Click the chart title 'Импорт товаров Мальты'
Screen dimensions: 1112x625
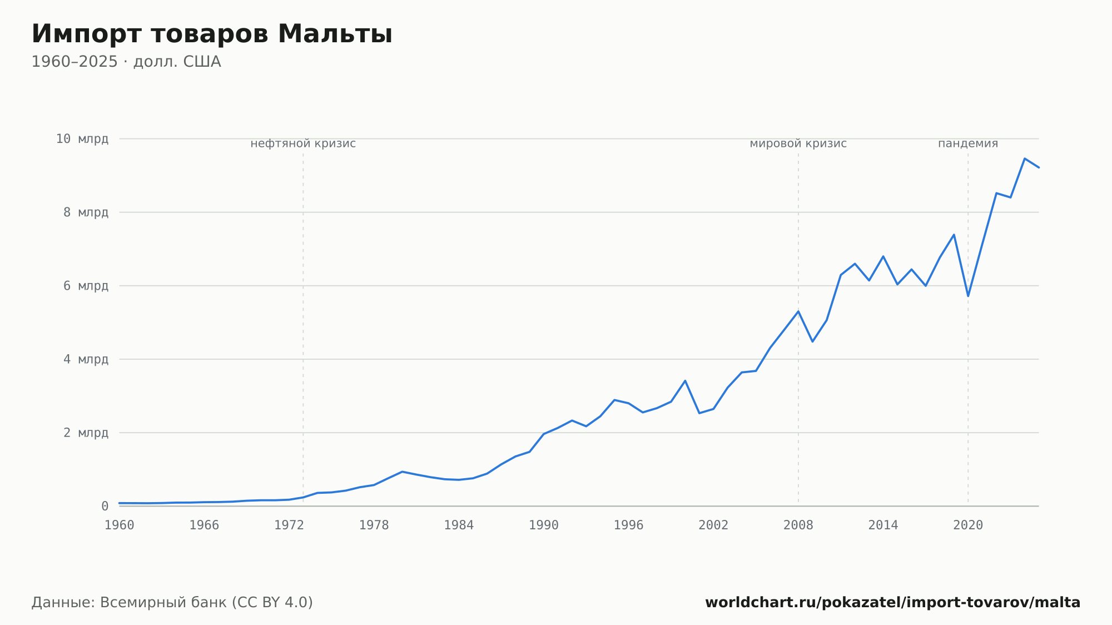[212, 34]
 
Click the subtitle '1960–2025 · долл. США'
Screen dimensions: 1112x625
[126, 62]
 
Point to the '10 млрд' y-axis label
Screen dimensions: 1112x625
[82, 139]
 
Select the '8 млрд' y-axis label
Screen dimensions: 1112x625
[86, 212]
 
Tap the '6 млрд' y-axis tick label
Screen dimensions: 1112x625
[86, 286]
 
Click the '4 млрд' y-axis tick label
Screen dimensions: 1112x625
[86, 359]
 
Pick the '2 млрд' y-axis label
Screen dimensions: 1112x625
[86, 433]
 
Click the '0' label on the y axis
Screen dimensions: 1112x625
[105, 506]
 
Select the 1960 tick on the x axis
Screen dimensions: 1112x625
[120, 525]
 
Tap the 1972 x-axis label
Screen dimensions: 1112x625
[289, 525]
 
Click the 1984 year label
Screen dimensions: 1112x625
[459, 525]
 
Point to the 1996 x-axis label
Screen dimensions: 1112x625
[628, 525]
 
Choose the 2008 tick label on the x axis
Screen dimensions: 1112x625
[798, 525]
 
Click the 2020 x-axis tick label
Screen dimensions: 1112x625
[968, 525]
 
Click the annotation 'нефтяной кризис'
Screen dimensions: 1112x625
[303, 143]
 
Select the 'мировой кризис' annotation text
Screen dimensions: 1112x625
[798, 143]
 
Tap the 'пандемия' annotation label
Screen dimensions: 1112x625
[968, 143]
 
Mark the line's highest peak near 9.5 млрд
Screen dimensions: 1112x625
[1024, 158]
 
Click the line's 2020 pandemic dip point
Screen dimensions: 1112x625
[968, 296]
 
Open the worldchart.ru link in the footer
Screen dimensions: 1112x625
[892, 603]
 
